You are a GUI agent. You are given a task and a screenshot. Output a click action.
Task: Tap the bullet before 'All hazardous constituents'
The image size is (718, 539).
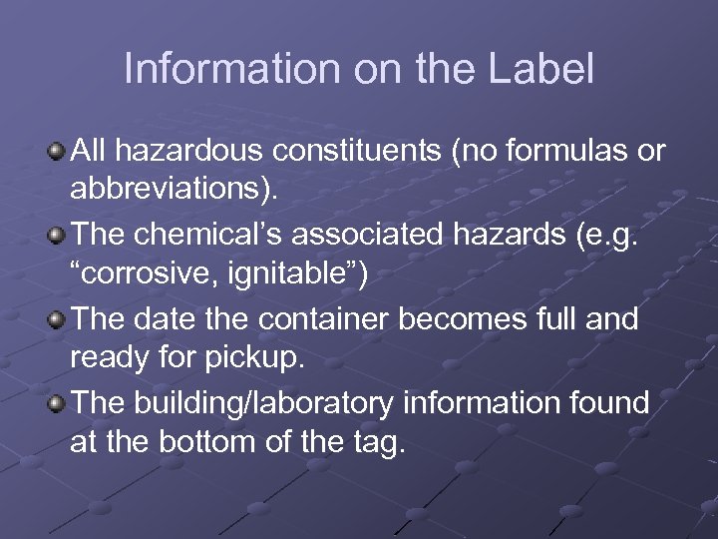[58, 152]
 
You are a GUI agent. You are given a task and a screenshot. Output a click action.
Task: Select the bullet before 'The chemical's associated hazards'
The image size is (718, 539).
[58, 237]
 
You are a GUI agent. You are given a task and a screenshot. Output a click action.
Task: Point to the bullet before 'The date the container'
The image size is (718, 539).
[58, 320]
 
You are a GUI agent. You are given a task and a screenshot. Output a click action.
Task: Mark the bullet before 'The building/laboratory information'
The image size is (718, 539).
[58, 403]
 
